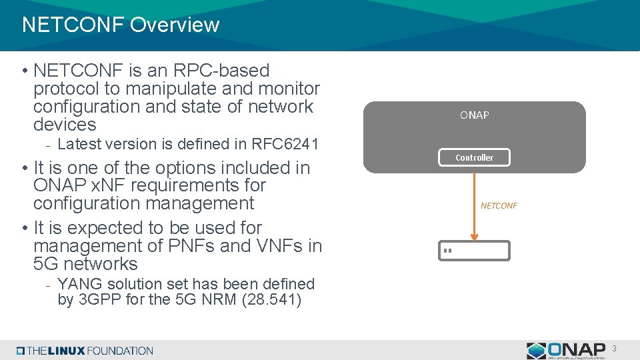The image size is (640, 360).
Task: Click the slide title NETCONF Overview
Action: click(121, 25)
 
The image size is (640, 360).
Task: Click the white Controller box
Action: click(474, 157)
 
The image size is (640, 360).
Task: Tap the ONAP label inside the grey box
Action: click(474, 115)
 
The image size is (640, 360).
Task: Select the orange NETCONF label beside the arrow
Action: click(499, 205)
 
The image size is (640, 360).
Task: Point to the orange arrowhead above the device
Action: click(474, 235)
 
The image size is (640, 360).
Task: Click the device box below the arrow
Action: click(474, 251)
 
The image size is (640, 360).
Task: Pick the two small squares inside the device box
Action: click(447, 251)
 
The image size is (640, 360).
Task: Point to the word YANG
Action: click(77, 284)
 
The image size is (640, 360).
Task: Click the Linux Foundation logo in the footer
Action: click(85, 351)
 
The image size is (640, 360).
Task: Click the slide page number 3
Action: click(615, 349)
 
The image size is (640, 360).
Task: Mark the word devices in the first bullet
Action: click(65, 125)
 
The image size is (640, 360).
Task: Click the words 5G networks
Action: click(85, 264)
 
